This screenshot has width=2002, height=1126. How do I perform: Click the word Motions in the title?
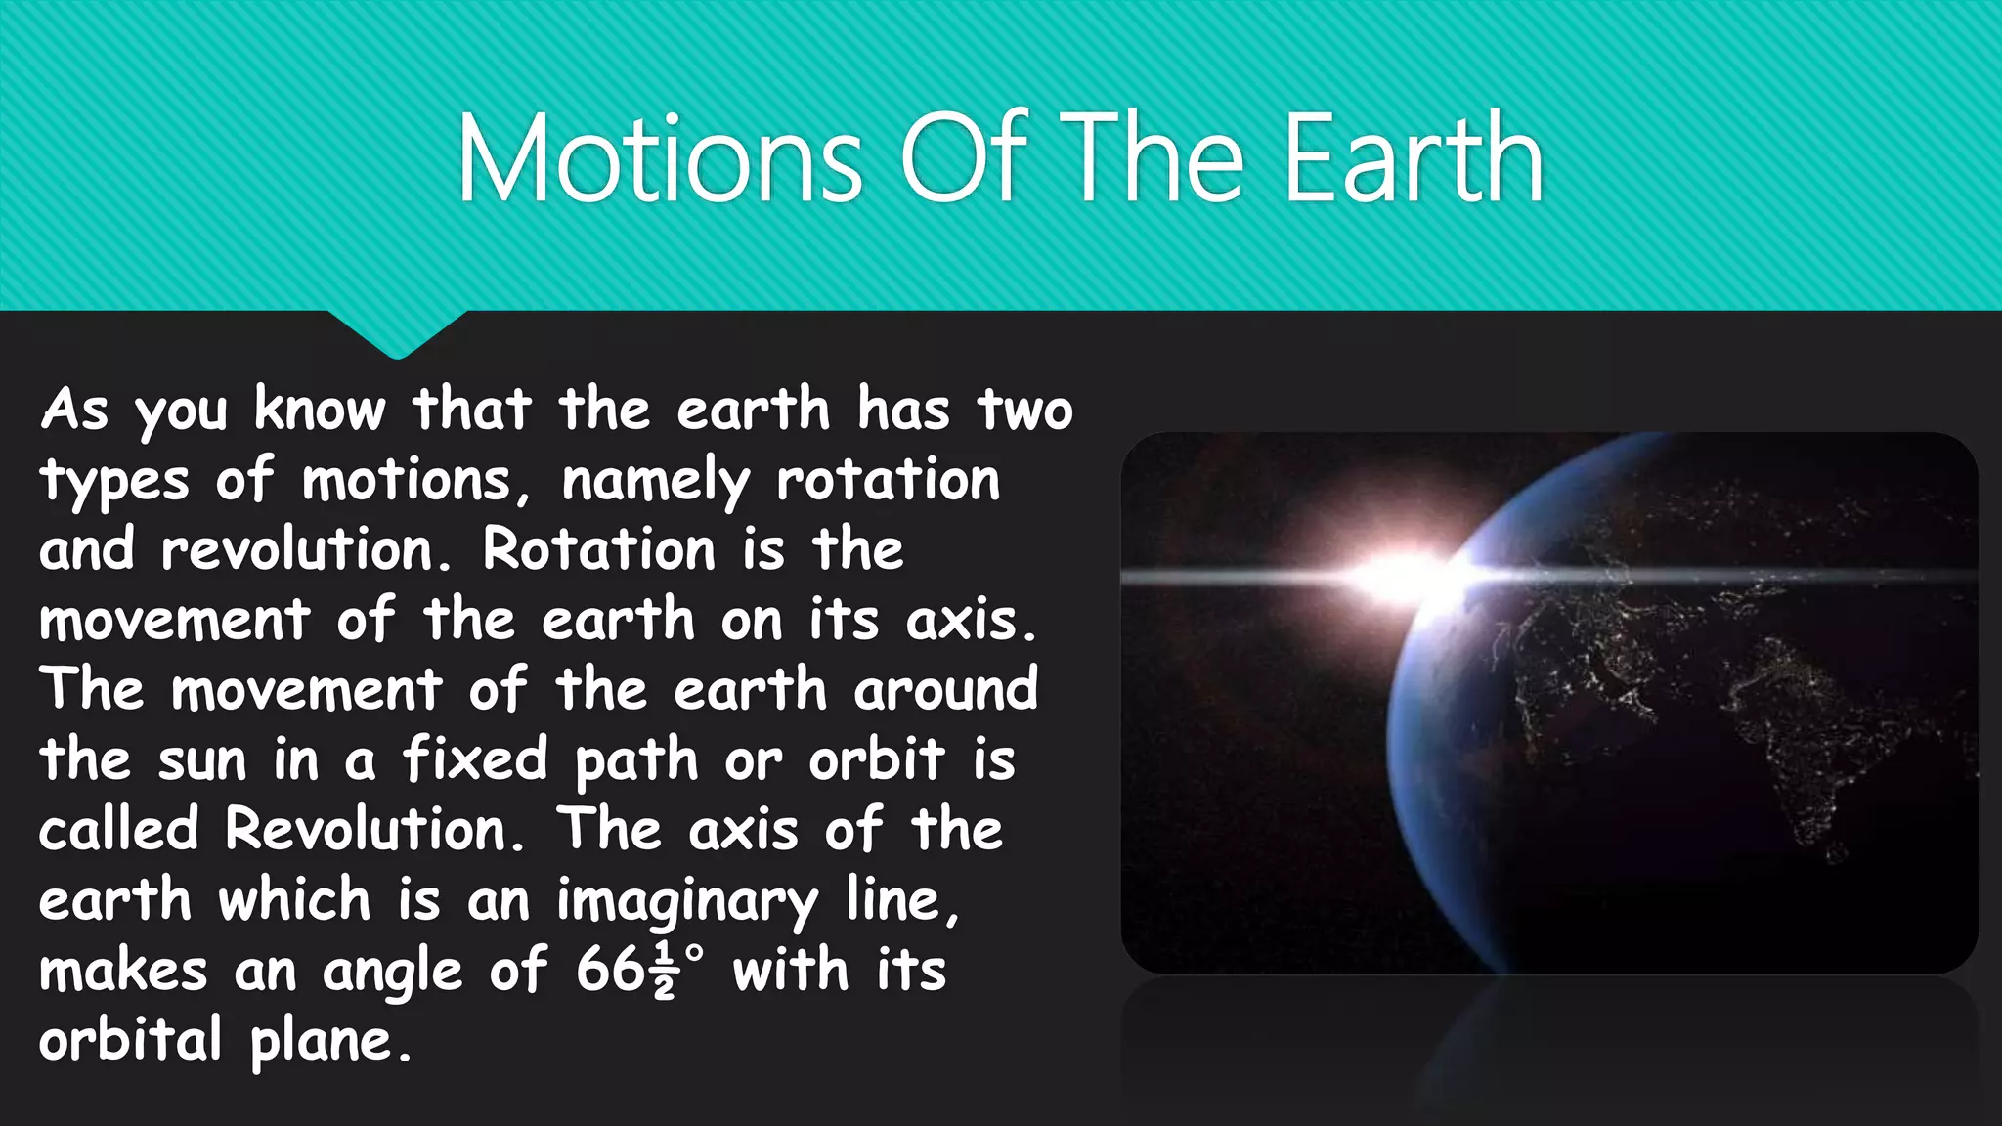[660, 158]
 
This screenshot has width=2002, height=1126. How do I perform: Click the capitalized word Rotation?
[599, 549]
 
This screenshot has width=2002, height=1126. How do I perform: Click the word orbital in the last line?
[131, 1039]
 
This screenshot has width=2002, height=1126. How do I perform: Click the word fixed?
[476, 759]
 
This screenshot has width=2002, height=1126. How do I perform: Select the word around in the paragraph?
[945, 690]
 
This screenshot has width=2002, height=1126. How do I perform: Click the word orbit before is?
[877, 759]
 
